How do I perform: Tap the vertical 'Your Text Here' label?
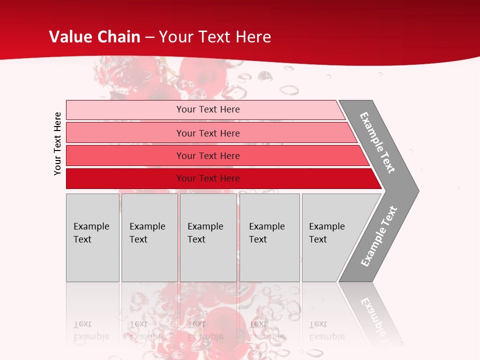click(57, 143)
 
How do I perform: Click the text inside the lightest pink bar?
click(208, 109)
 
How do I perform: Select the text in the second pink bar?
click(208, 133)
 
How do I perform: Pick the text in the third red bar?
click(208, 156)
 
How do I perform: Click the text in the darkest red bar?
click(208, 178)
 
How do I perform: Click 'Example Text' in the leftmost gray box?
click(91, 233)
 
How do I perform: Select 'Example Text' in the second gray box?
click(147, 233)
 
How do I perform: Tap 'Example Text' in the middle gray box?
click(205, 233)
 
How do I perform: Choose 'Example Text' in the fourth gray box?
click(266, 233)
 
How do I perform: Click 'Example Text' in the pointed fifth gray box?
click(326, 233)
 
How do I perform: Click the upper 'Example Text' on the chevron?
click(377, 142)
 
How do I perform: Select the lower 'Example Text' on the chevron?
click(379, 236)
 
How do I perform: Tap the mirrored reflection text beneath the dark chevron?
click(376, 317)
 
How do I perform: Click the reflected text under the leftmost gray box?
click(91, 330)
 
